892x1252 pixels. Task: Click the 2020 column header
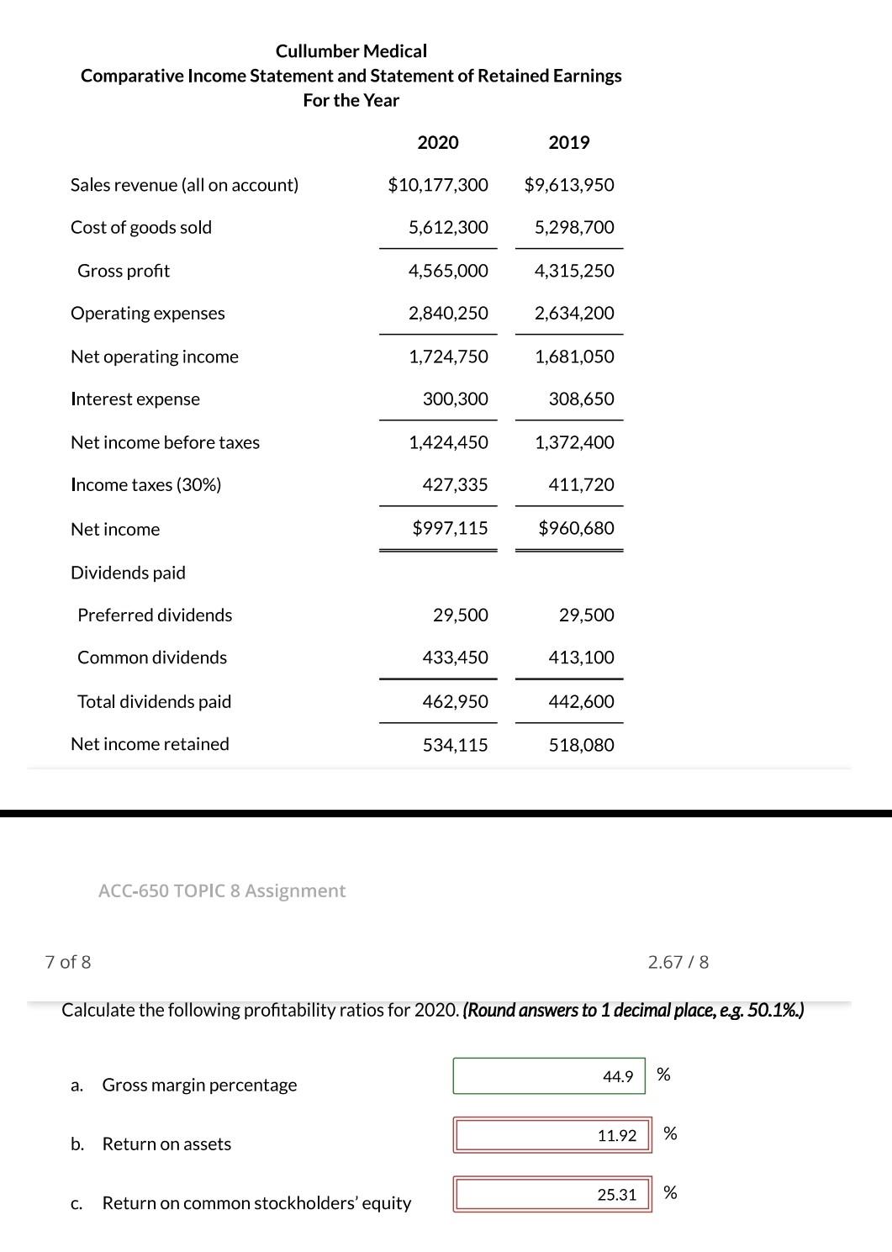(438, 142)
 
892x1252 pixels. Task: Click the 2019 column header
(569, 142)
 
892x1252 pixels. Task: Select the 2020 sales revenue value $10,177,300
(437, 185)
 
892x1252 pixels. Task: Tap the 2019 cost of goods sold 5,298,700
(574, 227)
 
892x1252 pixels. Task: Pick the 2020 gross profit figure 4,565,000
(448, 271)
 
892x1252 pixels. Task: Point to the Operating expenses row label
(148, 313)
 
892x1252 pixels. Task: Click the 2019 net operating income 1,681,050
(574, 357)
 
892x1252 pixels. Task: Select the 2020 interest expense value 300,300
(455, 399)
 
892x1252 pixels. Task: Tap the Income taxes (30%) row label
(146, 484)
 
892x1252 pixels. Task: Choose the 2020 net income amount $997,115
(450, 528)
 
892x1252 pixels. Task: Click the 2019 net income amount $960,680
(576, 528)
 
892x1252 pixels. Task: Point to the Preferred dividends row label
(155, 615)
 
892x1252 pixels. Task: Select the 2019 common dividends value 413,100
(581, 657)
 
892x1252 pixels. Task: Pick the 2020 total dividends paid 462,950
(455, 701)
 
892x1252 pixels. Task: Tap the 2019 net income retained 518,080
(581, 745)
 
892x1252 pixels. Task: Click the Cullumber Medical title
(351, 51)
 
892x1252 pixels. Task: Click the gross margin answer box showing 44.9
(549, 1076)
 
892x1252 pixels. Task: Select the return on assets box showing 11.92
(552, 1135)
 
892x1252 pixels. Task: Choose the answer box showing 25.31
(552, 1194)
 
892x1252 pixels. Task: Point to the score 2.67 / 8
(678, 962)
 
